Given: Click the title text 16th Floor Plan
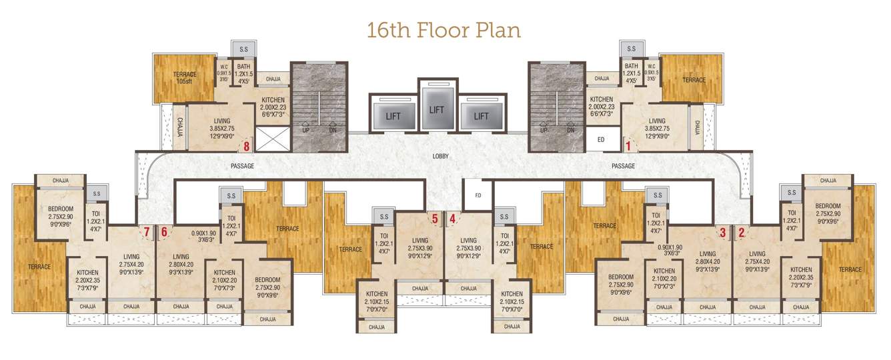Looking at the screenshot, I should coord(443,30).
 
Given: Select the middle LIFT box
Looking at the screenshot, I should coord(436,109).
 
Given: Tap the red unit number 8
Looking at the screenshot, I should coord(247,145).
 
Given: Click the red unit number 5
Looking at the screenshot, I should coord(435,218).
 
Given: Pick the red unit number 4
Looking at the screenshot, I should coord(453,218).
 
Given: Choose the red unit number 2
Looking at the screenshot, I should coord(742,232).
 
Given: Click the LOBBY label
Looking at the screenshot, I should coord(440,157).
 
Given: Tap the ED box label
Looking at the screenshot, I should coord(600,141).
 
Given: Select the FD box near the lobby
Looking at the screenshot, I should coord(478,196).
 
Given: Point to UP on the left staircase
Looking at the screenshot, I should coord(305,131).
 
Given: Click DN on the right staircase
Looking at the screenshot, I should coord(570,131).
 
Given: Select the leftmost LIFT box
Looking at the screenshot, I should coord(393,116).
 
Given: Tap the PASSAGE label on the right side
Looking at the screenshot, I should coord(623,166).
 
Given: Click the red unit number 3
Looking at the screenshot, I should coord(722,232).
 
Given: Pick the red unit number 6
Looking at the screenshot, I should coord(164,231).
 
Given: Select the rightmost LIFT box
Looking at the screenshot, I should coord(481,116).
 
